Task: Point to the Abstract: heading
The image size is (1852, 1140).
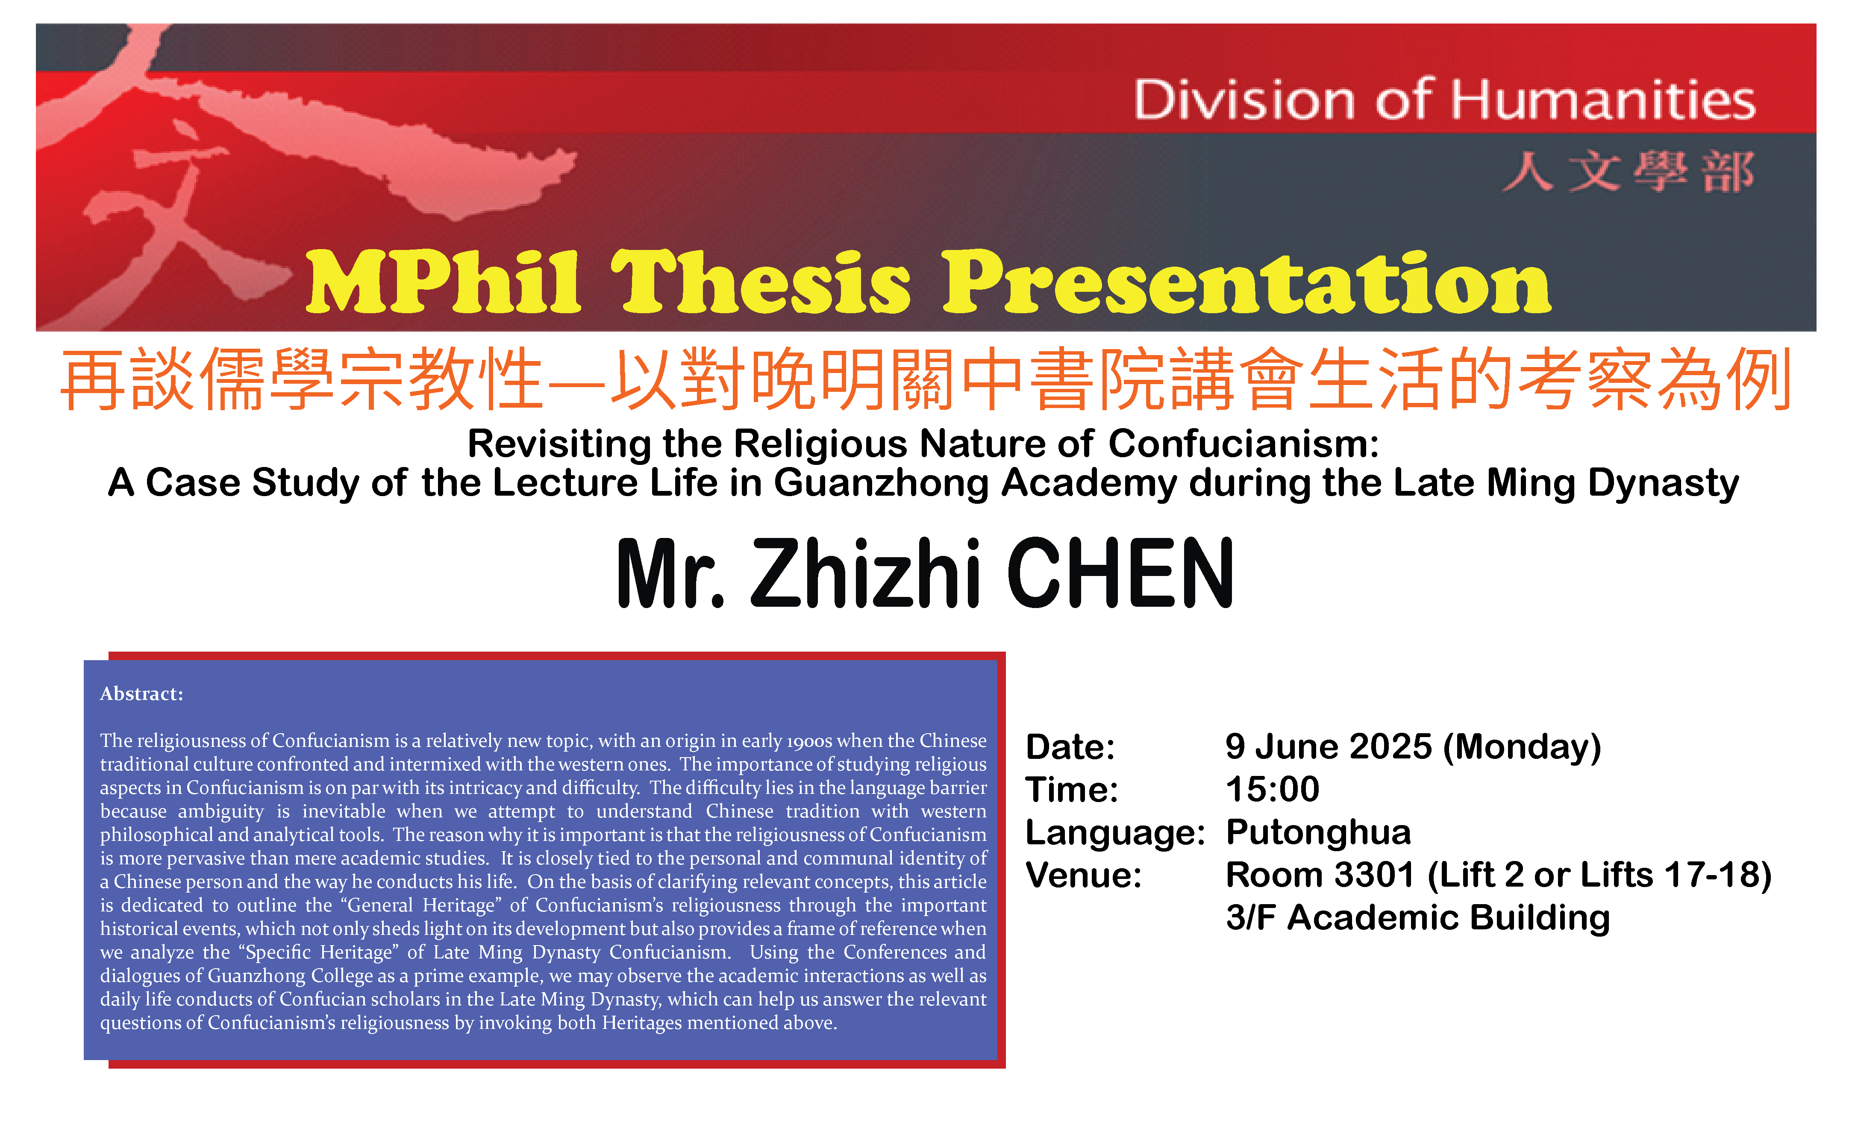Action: (142, 693)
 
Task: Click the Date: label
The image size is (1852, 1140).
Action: (1070, 747)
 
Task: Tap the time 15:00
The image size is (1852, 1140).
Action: (1272, 789)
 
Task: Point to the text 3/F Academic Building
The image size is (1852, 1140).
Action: (1418, 917)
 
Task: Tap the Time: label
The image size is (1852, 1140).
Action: (1072, 789)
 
